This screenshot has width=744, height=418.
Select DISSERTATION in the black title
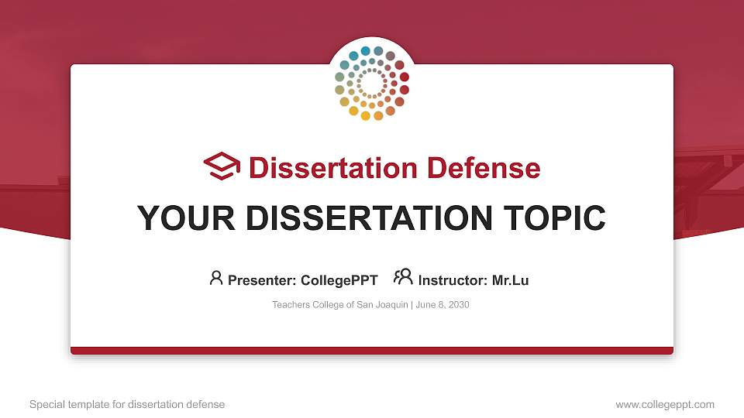pos(369,218)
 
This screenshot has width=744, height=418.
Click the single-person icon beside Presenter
pos(216,278)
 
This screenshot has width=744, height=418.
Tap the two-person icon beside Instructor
pos(403,278)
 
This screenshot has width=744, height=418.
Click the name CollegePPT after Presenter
pos(340,280)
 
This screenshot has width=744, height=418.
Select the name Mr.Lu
pos(510,280)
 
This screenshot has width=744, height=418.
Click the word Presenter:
pos(262,280)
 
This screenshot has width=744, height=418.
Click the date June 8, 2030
pos(443,305)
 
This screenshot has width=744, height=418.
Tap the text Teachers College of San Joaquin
pos(339,305)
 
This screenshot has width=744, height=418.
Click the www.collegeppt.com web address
pos(665,404)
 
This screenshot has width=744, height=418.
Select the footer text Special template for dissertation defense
pos(127,404)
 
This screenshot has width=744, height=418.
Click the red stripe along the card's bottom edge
pos(372,351)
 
